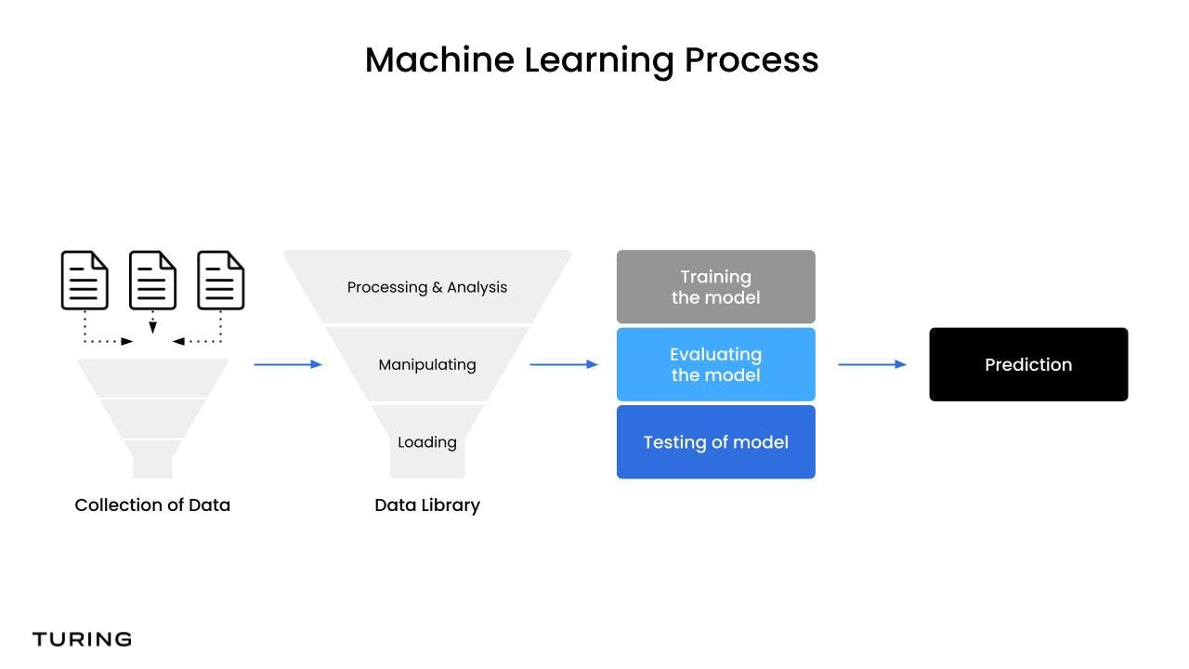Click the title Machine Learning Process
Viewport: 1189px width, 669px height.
(x=592, y=60)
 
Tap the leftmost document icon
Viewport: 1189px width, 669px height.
(x=85, y=280)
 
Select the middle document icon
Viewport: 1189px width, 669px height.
(x=152, y=280)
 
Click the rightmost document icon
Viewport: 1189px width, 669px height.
(x=221, y=280)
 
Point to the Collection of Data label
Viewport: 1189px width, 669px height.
(x=152, y=505)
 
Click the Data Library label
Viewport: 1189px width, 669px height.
(x=427, y=505)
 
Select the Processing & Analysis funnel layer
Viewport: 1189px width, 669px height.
(x=427, y=287)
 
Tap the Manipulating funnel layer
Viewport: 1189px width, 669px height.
(x=427, y=364)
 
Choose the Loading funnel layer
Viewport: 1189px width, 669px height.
(x=427, y=442)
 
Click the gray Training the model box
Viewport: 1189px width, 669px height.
(x=715, y=287)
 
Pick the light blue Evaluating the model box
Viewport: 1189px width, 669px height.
(x=715, y=364)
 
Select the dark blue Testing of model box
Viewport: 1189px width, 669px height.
(x=715, y=442)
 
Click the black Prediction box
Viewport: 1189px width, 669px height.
(x=1028, y=364)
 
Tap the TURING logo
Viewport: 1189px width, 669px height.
(x=82, y=639)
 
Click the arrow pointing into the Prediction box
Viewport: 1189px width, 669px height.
(x=871, y=364)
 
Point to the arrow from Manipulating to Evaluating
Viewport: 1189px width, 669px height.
(x=563, y=364)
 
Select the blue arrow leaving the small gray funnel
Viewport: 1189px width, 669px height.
(x=287, y=364)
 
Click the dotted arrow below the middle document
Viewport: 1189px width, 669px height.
(x=152, y=321)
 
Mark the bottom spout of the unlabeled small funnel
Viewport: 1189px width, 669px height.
(x=152, y=459)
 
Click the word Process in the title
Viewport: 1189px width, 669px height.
(x=751, y=60)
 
